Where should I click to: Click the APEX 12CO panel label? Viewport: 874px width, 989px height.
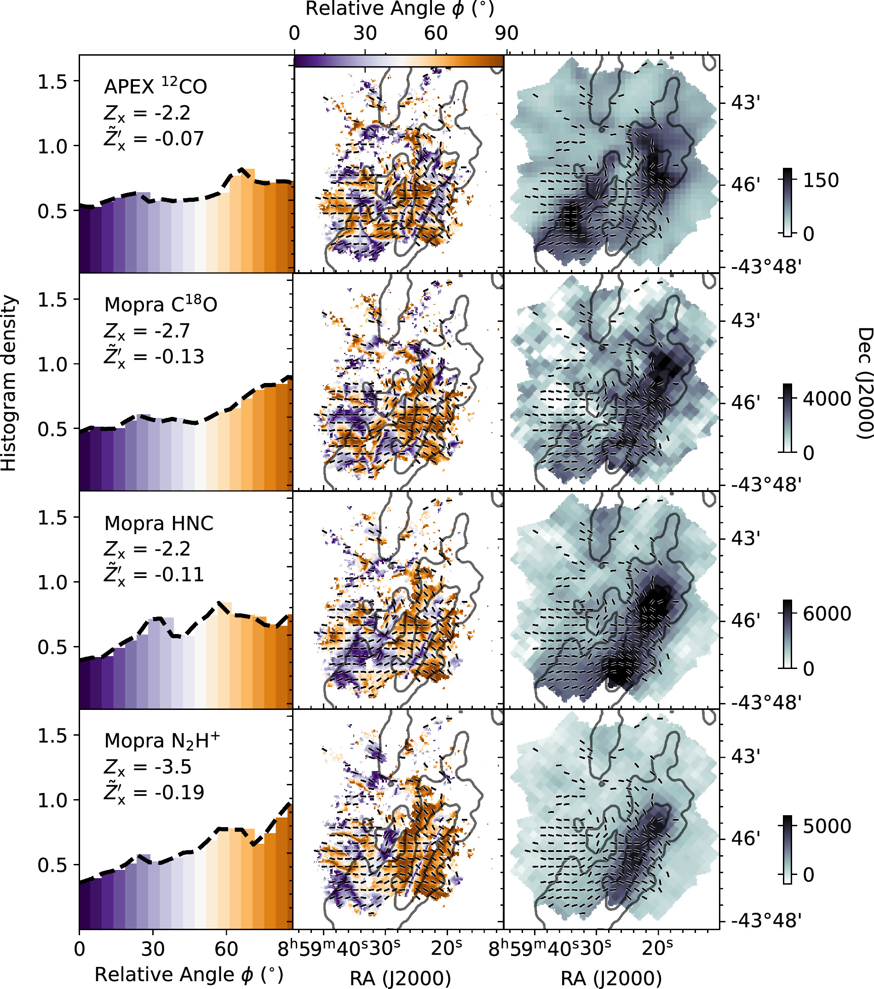pos(155,86)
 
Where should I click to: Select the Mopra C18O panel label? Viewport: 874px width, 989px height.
pos(161,304)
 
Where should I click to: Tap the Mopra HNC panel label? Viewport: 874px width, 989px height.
pos(159,523)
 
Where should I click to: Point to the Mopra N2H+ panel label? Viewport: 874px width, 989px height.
pos(162,740)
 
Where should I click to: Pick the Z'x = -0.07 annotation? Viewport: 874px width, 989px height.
pos(154,139)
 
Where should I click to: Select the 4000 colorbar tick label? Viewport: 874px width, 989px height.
pos(827,399)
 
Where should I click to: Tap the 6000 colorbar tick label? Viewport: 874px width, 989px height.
pos(827,613)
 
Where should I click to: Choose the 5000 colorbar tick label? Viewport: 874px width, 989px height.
pos(827,826)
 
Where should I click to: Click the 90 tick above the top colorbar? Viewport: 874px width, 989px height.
pos(506,33)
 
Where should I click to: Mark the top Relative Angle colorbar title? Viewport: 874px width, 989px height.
pos(400,9)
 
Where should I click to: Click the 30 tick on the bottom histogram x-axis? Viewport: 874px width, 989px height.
pos(153,949)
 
